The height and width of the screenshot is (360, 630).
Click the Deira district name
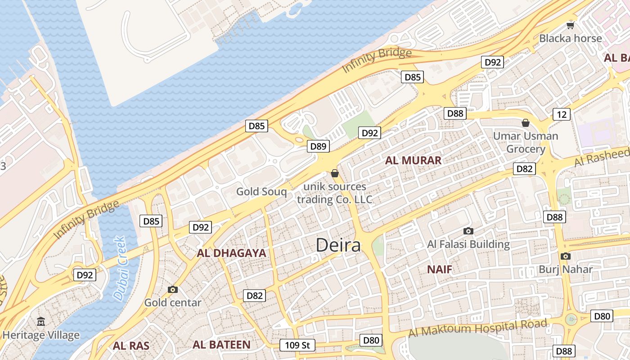click(338, 245)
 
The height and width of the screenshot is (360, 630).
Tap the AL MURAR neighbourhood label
click(413, 160)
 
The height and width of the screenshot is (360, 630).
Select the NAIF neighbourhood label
click(439, 270)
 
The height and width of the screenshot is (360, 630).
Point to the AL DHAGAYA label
click(231, 253)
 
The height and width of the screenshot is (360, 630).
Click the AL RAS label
click(130, 346)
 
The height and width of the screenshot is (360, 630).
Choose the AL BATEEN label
click(221, 345)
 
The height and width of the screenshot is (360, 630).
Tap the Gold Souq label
click(261, 192)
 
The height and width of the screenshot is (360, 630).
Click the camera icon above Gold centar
click(172, 289)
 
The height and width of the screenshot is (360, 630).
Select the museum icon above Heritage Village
click(41, 321)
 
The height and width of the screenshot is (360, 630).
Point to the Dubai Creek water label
click(121, 269)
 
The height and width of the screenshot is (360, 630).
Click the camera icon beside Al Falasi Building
click(468, 231)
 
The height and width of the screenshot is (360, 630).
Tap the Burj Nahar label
click(566, 270)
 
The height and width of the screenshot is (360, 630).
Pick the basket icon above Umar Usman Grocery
click(525, 123)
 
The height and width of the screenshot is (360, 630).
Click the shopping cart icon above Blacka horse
click(571, 25)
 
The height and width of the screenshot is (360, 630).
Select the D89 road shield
click(319, 146)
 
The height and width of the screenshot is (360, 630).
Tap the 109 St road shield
click(297, 345)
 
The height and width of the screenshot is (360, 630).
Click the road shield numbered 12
click(561, 114)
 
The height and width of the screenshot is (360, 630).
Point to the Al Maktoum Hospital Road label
click(477, 328)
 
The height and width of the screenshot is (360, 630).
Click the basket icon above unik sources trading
click(334, 173)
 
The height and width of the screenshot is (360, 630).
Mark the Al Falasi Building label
click(468, 244)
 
